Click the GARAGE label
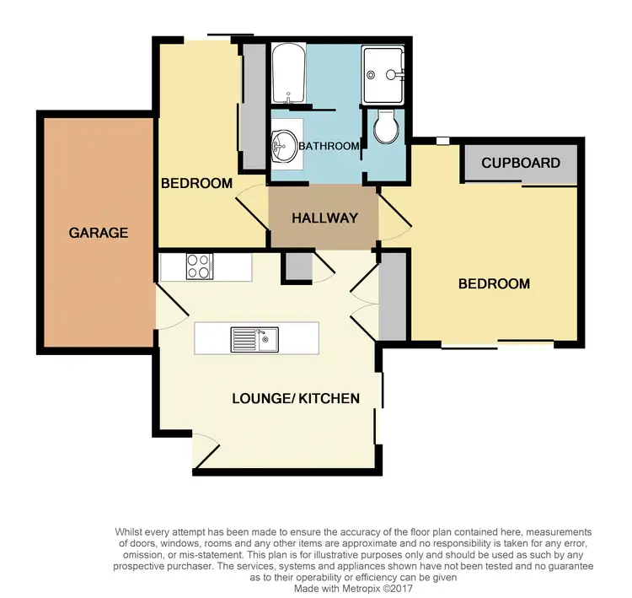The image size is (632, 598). click(99, 233)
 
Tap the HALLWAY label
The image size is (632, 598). click(324, 218)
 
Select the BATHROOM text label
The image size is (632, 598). click(329, 146)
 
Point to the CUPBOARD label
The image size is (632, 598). click(520, 163)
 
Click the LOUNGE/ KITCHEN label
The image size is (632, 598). click(296, 398)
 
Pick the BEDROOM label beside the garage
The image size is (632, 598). click(196, 183)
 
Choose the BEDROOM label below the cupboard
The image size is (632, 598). click(494, 283)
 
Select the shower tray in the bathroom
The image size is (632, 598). click(383, 74)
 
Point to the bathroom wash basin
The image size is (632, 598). click(282, 147)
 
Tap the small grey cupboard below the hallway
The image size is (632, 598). click(297, 265)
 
